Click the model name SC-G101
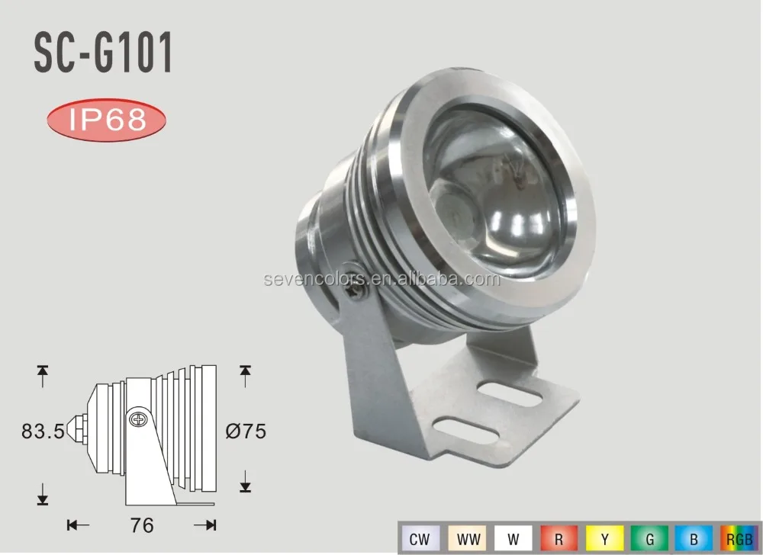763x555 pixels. tap(103, 54)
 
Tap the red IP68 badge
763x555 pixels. tap(107, 121)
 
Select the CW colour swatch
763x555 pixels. tap(418, 539)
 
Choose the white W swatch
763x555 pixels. tap(513, 539)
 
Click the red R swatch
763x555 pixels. tap(559, 539)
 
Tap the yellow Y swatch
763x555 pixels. tap(605, 539)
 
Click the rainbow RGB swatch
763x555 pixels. tap(738, 539)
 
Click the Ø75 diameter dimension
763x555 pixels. tap(246, 431)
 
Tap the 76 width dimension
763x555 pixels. tap(142, 525)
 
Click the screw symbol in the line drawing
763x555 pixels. tap(137, 419)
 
